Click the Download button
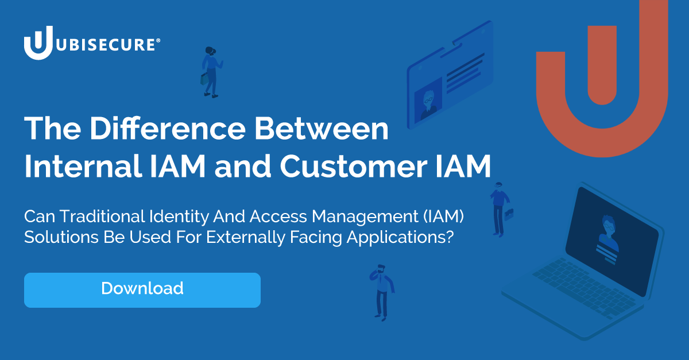coord(142,289)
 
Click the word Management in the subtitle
coord(361,217)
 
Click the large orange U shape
coord(602,80)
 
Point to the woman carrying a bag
coord(211,72)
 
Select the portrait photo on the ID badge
coord(428,99)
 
